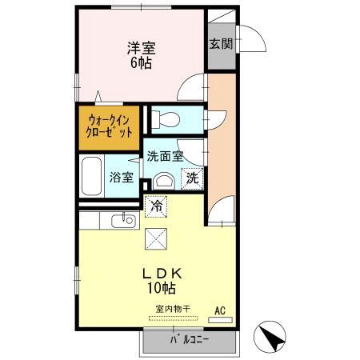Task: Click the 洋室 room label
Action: (141, 47)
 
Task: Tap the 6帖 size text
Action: (141, 63)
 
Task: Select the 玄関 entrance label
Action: (221, 43)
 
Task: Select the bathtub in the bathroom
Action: (92, 175)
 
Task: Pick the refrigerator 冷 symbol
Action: (157, 206)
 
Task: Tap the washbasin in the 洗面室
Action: (165, 179)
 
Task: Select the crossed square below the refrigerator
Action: (157, 238)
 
